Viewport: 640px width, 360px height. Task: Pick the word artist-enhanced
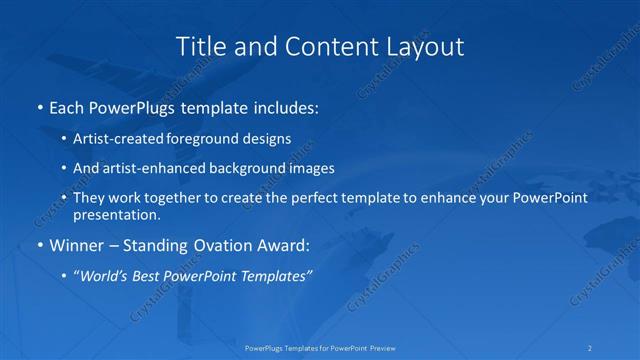click(x=142, y=168)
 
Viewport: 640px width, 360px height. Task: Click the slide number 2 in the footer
click(x=591, y=348)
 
